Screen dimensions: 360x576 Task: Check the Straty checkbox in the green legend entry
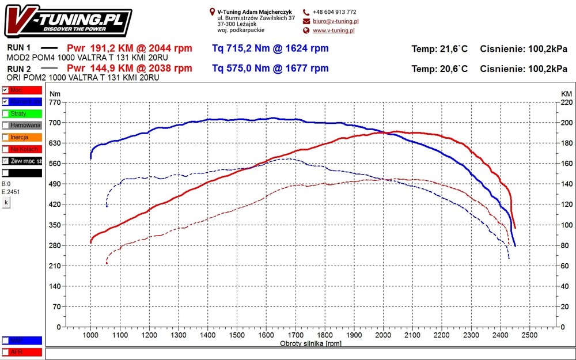click(x=5, y=113)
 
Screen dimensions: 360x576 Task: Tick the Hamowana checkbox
click(x=5, y=125)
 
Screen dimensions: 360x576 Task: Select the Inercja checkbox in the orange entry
click(x=5, y=137)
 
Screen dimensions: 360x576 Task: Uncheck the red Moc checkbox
click(x=5, y=90)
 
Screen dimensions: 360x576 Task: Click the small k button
click(x=6, y=203)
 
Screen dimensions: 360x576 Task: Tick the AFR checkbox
click(x=5, y=351)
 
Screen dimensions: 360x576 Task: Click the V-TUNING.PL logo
click(x=69, y=22)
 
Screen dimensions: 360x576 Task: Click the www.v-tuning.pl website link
click(x=334, y=31)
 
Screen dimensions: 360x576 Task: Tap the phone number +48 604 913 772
click(x=334, y=12)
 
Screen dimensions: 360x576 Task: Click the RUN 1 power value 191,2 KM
click(x=129, y=48)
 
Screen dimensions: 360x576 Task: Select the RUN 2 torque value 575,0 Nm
click(x=270, y=69)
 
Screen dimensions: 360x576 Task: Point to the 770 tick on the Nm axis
click(x=55, y=102)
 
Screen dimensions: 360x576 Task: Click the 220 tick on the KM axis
click(x=567, y=102)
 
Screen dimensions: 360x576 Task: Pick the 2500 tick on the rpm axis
click(x=529, y=335)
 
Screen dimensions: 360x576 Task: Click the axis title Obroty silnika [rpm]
click(x=310, y=343)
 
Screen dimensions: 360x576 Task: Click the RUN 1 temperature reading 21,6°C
click(x=439, y=49)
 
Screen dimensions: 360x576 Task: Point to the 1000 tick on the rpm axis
click(x=90, y=335)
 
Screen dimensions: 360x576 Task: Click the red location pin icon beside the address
click(x=213, y=12)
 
